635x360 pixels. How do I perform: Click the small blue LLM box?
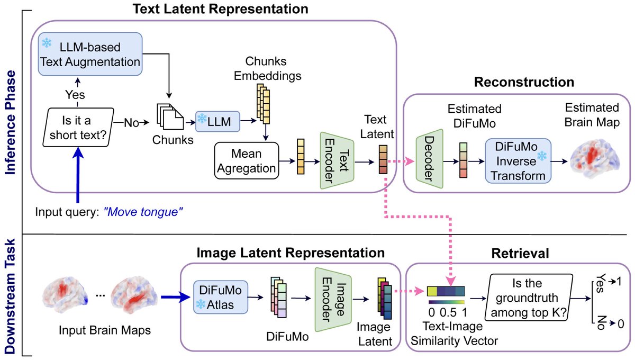tap(218, 121)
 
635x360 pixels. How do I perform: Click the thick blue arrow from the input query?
tap(78, 175)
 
